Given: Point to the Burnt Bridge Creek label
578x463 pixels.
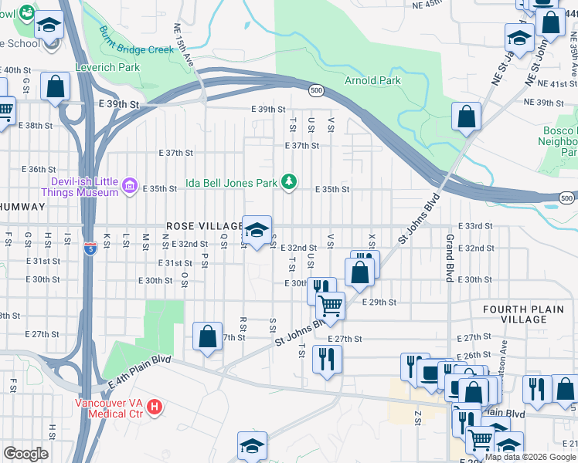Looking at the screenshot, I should click(x=137, y=39).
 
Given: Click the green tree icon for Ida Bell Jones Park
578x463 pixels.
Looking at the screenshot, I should click(x=289, y=182).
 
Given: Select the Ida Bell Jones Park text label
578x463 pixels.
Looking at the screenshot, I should click(x=231, y=184).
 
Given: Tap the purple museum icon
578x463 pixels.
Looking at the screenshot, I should click(x=130, y=185).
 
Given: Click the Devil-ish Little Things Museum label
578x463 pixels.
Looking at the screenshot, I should click(x=80, y=186).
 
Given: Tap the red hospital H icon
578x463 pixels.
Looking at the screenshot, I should click(x=155, y=406).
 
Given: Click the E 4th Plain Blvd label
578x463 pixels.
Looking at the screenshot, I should click(x=140, y=370).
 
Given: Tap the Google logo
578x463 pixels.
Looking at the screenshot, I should click(x=25, y=454).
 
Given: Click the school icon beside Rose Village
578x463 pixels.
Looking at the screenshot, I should click(x=257, y=230).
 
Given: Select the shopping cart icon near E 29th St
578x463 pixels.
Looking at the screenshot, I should click(x=331, y=305).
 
